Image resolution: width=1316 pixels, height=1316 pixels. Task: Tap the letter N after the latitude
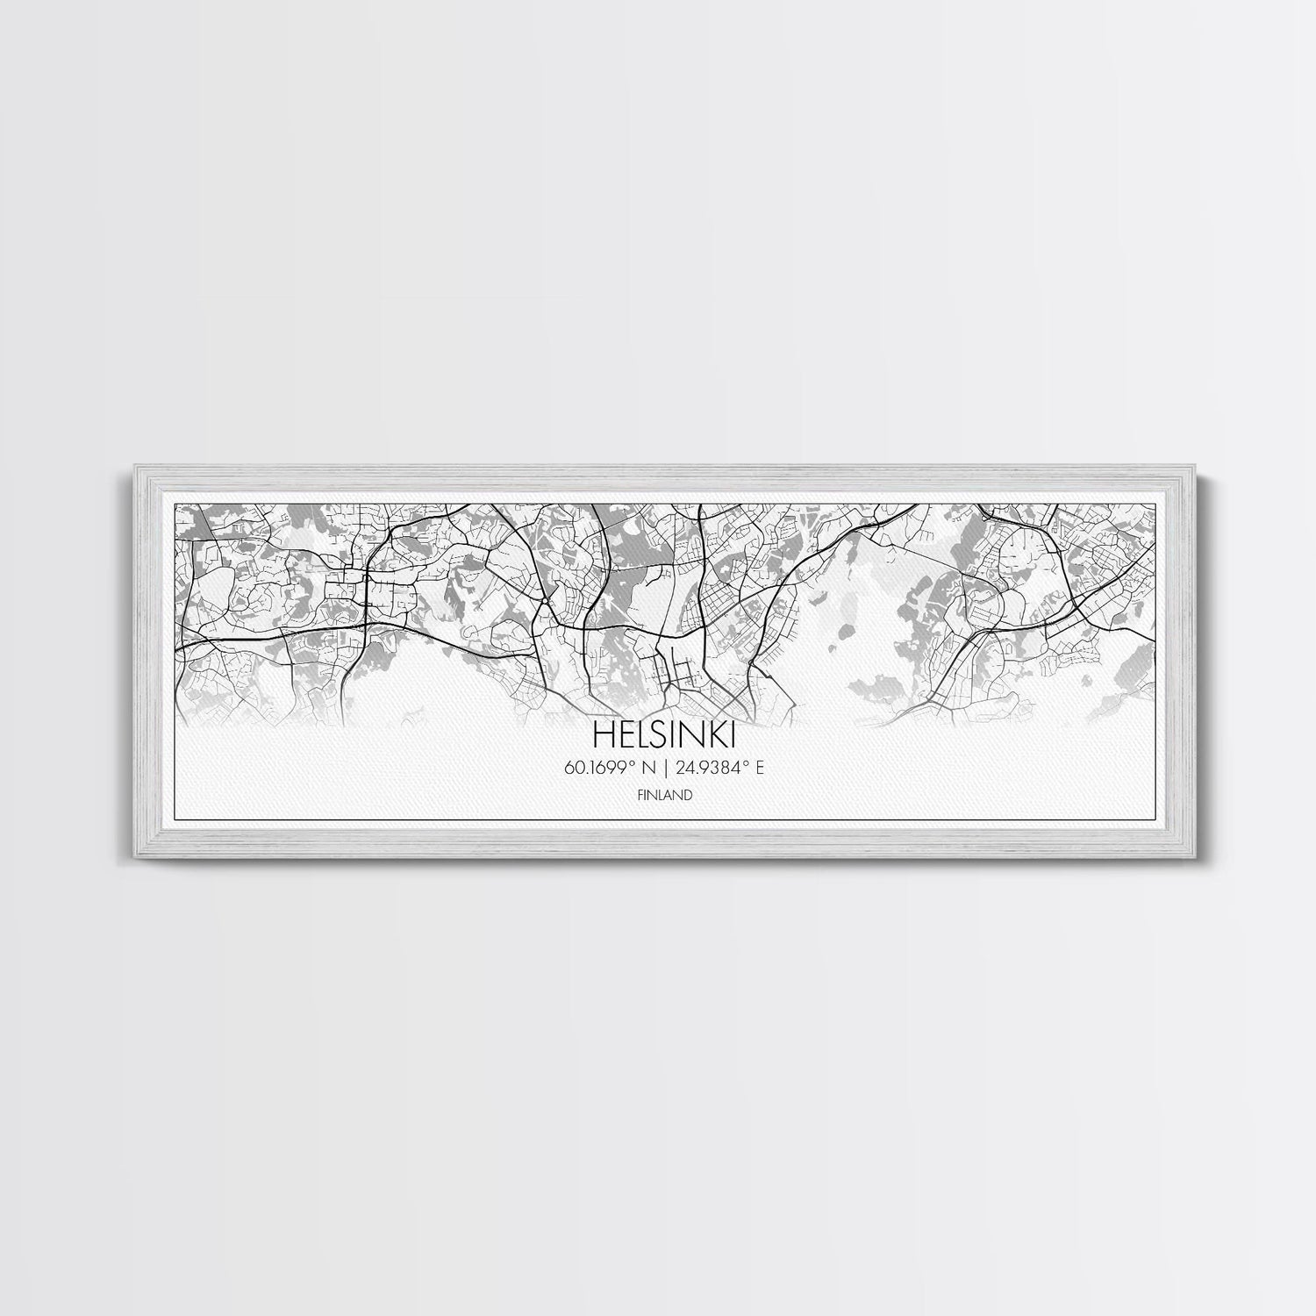pyautogui.click(x=649, y=769)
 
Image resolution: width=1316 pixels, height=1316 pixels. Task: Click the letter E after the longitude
pyautogui.click(x=760, y=769)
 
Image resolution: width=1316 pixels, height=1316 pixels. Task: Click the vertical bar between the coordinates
pyautogui.click(x=666, y=769)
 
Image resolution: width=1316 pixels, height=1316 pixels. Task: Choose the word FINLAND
pyautogui.click(x=665, y=796)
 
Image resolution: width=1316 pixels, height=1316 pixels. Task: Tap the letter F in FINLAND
pyautogui.click(x=640, y=796)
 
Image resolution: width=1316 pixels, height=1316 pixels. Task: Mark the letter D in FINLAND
pyautogui.click(x=690, y=796)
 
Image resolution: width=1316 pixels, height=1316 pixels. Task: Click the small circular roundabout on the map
pyautogui.click(x=545, y=601)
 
